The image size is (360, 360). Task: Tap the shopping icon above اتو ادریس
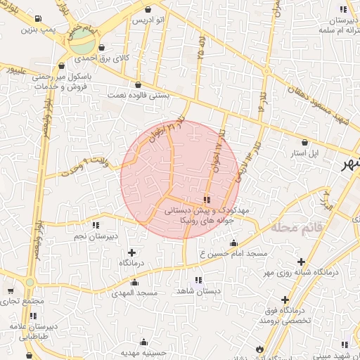[147, 9]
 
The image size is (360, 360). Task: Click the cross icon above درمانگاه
[131, 252]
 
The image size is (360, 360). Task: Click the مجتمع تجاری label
[22, 301]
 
